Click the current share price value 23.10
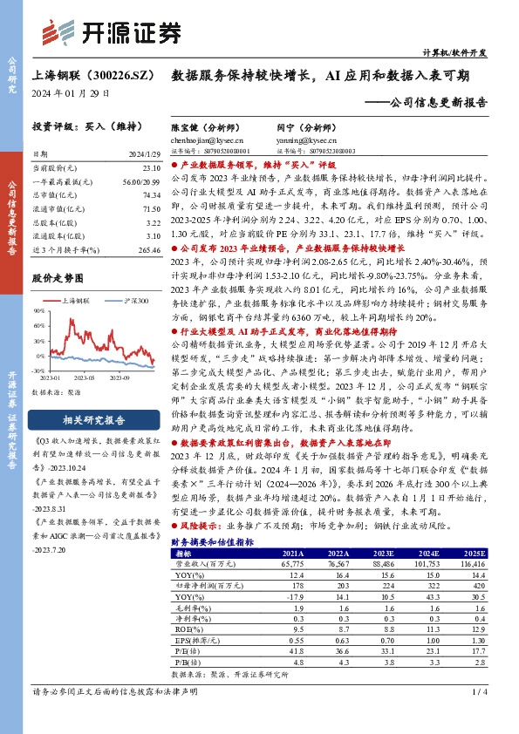pos(152,166)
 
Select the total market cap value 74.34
pos(152,197)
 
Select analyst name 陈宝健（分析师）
pos(207,127)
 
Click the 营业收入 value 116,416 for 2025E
pos(472,563)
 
